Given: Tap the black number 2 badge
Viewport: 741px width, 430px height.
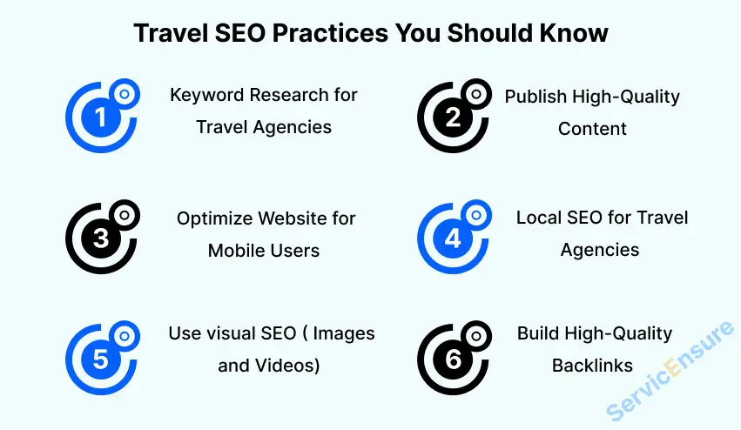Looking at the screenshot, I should pos(452,118).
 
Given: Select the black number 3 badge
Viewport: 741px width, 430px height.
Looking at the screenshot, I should pos(101,239).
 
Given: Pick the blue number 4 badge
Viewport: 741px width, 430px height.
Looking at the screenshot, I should pos(452,239).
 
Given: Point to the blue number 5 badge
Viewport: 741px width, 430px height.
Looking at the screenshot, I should pos(101,359).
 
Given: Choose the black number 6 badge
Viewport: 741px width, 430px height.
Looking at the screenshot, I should pos(452,359).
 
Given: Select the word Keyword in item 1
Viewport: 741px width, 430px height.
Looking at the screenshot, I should pos(205,95).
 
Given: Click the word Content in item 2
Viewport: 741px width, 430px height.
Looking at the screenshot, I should pos(592,129).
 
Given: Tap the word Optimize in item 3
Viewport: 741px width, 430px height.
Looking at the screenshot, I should pos(214,218).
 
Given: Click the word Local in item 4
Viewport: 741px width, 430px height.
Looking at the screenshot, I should pos(540,217).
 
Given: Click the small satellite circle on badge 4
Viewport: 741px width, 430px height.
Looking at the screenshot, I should pos(475,213).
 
